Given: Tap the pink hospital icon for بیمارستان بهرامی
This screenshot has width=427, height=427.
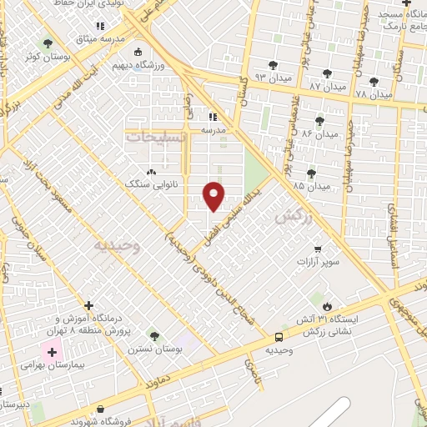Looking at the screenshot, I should point(52,353).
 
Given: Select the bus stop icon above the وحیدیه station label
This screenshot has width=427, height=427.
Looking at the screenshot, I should point(279,338).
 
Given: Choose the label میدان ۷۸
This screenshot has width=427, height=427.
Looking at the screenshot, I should point(373,94).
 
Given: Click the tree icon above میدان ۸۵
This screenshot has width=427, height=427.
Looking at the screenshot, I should point(311,173).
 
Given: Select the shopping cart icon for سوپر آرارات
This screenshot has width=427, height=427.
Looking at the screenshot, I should point(317,249).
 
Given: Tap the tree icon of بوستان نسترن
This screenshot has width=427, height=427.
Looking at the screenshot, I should point(153,335).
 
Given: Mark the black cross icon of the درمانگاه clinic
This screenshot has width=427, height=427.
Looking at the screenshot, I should point(89,305).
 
